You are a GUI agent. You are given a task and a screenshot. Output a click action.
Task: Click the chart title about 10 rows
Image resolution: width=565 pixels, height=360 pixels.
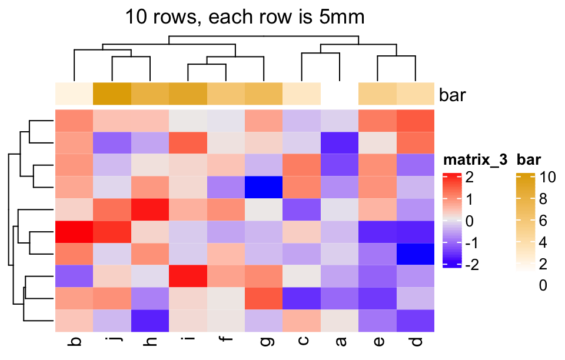pos(245,16)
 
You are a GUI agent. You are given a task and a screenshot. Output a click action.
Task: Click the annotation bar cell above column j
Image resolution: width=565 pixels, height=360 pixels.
pos(112,94)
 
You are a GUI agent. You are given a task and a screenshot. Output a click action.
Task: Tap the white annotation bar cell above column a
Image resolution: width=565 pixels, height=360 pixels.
pos(340,94)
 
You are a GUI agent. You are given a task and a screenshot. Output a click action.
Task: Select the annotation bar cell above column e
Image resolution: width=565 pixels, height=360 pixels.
pos(377,94)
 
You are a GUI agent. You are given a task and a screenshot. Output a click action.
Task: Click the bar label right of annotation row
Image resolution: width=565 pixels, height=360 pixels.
pos(453,95)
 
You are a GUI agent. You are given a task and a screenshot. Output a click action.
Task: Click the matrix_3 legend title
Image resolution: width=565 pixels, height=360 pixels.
pos(475,159)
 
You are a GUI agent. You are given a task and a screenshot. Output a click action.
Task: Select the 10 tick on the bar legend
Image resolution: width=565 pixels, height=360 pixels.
pos(549,177)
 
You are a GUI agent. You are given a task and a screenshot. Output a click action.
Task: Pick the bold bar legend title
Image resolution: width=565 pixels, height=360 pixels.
pos(530,159)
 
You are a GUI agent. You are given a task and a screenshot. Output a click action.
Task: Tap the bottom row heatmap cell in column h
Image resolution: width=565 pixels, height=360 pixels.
pos(150,320)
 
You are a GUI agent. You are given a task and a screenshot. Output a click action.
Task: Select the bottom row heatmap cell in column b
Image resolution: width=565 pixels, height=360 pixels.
pos(74,320)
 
